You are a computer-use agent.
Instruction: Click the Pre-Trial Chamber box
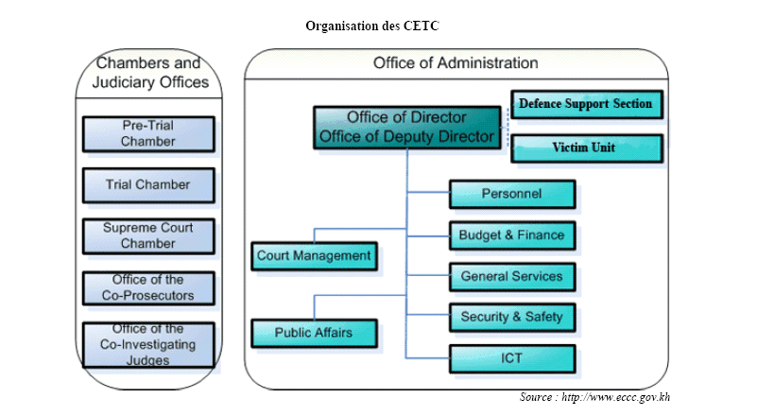[147, 134]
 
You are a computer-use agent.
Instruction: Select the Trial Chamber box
[147, 185]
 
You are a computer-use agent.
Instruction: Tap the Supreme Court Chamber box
[147, 236]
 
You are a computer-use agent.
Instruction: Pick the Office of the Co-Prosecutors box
[147, 288]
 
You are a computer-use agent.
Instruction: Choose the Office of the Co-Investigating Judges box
[147, 344]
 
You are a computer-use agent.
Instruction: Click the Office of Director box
[406, 127]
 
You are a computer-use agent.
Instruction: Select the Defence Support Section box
[585, 104]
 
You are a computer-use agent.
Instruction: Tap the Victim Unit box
[585, 148]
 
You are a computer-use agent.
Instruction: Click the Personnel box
[511, 194]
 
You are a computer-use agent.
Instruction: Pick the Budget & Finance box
[511, 235]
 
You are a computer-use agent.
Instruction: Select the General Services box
[511, 277]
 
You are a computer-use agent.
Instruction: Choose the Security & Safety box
[511, 317]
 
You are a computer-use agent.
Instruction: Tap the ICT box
[511, 358]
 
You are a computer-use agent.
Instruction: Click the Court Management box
[314, 255]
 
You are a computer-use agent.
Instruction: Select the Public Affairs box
[314, 333]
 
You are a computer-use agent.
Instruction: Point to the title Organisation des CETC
[372, 26]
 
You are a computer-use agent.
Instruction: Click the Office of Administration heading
[456, 63]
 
